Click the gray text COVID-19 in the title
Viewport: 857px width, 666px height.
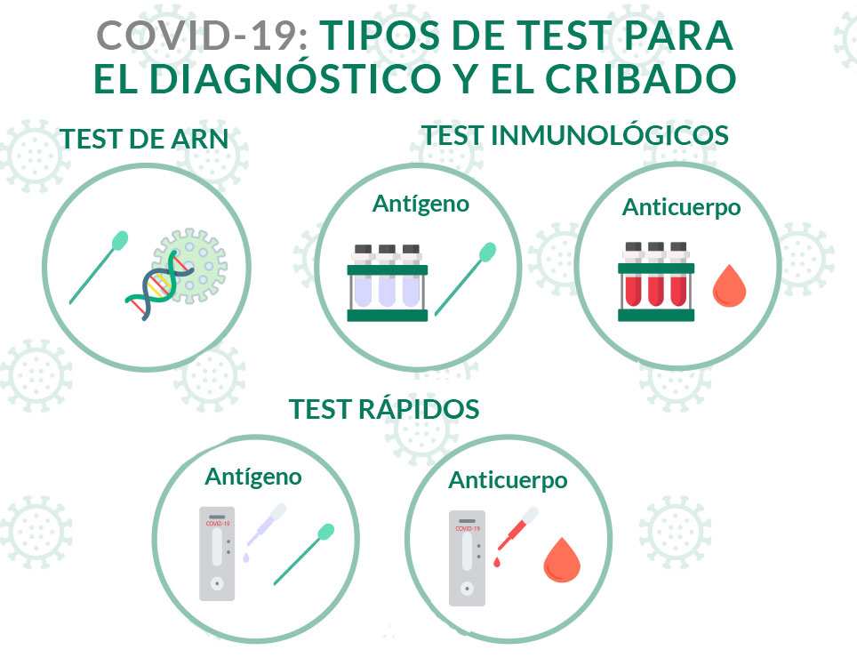pyautogui.click(x=202, y=36)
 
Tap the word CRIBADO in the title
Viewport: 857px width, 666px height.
pyautogui.click(x=641, y=79)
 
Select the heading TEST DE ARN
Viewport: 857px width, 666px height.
pyautogui.click(x=144, y=139)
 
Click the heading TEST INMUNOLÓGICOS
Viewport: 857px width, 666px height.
pyautogui.click(x=575, y=135)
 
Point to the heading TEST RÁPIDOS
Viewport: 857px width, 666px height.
pyautogui.click(x=384, y=409)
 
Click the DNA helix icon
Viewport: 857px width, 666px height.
pyautogui.click(x=160, y=285)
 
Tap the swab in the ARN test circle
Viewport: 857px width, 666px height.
pyautogui.click(x=99, y=267)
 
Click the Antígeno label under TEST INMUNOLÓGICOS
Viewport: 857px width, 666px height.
pyautogui.click(x=420, y=204)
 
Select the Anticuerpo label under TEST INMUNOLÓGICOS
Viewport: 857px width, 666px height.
pyautogui.click(x=681, y=208)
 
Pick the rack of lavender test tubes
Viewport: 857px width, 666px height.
pyautogui.click(x=388, y=282)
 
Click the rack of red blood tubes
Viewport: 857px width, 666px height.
pyautogui.click(x=656, y=281)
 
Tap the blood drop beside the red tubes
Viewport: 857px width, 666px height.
pyautogui.click(x=729, y=286)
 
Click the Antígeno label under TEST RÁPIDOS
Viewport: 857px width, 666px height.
pyautogui.click(x=253, y=477)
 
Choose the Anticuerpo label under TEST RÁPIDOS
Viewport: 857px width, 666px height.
pyautogui.click(x=508, y=481)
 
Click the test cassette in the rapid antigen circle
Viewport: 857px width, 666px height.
pyautogui.click(x=217, y=553)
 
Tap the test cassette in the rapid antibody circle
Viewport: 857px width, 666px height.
pyautogui.click(x=467, y=558)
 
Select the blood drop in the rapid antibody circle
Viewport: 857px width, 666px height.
pyautogui.click(x=561, y=560)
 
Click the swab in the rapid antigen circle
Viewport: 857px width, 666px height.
pyautogui.click(x=304, y=554)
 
